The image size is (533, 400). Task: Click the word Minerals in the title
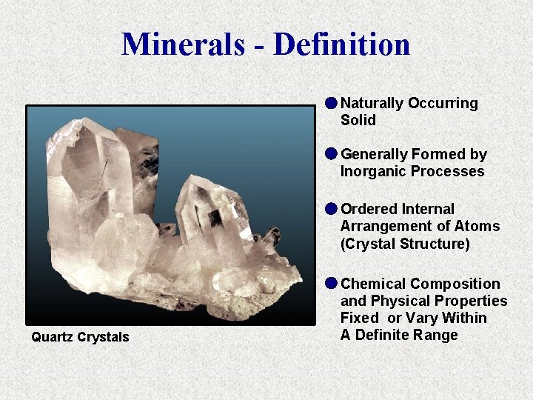click(x=184, y=44)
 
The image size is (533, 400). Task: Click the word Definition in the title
click(x=341, y=44)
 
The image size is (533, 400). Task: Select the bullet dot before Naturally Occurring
click(x=331, y=102)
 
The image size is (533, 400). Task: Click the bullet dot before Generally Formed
click(x=331, y=153)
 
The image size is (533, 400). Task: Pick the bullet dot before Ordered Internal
click(x=331, y=208)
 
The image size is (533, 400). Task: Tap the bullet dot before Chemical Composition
click(x=331, y=283)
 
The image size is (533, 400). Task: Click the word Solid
click(x=358, y=120)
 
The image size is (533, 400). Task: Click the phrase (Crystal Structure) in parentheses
click(x=405, y=243)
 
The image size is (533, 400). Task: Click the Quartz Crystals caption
click(x=80, y=337)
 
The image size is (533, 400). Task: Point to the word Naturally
click(x=372, y=103)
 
